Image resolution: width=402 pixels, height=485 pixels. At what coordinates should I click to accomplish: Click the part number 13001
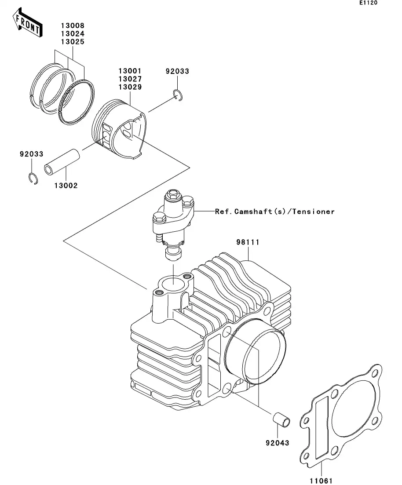coord(129,71)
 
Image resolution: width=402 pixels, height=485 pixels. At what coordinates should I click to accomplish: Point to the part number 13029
coord(129,87)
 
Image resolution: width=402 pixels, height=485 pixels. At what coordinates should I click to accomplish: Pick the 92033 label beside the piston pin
coord(31,154)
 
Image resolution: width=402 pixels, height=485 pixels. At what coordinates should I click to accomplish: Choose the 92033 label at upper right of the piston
coord(177,71)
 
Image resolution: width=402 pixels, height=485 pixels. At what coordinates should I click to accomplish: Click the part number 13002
coord(66,186)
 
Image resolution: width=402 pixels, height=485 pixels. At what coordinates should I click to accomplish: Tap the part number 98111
coord(248,242)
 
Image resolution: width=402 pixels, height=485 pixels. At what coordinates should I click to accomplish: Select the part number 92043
coord(278,442)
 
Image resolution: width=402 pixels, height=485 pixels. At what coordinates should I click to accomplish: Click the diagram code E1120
coord(368,3)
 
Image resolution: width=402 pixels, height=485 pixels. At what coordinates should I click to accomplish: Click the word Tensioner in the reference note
coord(313,212)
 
